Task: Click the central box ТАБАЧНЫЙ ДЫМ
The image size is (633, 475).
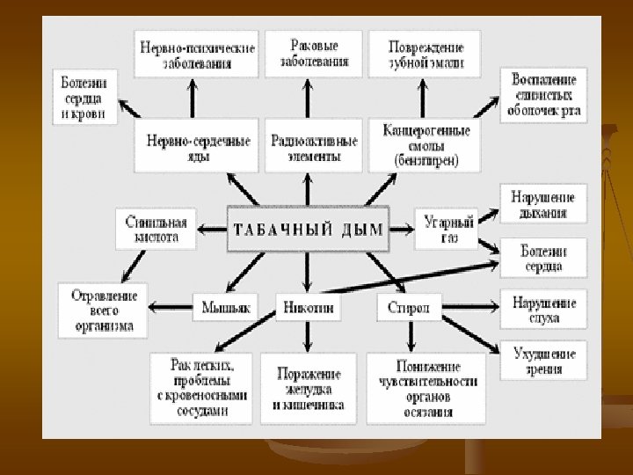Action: [x=309, y=230]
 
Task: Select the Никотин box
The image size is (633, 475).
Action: [x=306, y=307]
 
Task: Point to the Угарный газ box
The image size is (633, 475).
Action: [x=448, y=230]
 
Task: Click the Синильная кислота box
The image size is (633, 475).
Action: [x=156, y=229]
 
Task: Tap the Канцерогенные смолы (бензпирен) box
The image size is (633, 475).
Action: [x=426, y=146]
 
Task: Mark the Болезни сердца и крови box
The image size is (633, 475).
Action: [x=85, y=96]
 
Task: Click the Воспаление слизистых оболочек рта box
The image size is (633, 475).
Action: [x=544, y=95]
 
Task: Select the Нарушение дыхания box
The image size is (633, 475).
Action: [x=544, y=204]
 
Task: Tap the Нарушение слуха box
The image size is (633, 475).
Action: [x=544, y=310]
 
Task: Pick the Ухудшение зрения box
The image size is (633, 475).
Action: [x=544, y=362]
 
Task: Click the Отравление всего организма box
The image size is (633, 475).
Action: [x=103, y=310]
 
